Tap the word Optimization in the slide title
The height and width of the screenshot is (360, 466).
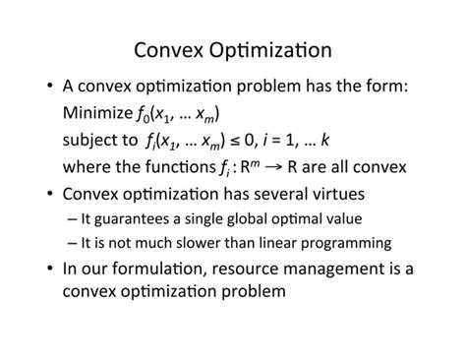pyautogui.click(x=277, y=49)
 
